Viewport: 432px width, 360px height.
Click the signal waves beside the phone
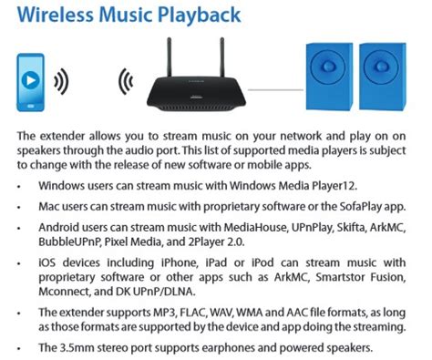tap(61, 81)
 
